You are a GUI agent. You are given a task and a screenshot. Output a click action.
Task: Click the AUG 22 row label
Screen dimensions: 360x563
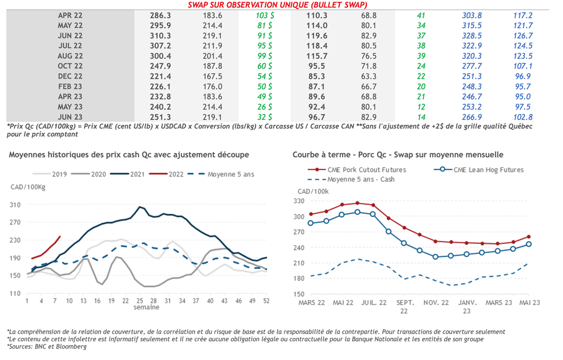[x=70, y=56]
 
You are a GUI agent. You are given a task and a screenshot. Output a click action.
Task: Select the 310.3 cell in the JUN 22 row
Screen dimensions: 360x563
[x=161, y=36]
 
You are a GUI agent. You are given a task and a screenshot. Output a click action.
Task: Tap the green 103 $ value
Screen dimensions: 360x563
[x=265, y=15]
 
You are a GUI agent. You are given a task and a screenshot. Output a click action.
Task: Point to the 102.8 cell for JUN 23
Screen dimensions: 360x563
[x=522, y=117]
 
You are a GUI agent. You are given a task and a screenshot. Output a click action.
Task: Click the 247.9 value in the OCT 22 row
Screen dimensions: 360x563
[x=161, y=66]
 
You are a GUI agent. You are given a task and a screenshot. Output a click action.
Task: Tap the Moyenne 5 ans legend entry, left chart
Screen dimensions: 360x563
[x=231, y=174]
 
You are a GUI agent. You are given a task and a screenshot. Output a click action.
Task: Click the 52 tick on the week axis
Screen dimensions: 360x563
[x=267, y=301]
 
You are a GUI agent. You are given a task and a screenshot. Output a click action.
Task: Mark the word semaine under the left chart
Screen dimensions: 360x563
[x=146, y=307]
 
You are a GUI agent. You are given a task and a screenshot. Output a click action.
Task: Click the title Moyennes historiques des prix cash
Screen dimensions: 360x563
[x=129, y=155]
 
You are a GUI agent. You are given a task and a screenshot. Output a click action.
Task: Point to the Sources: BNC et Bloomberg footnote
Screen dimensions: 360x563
[x=47, y=347]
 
